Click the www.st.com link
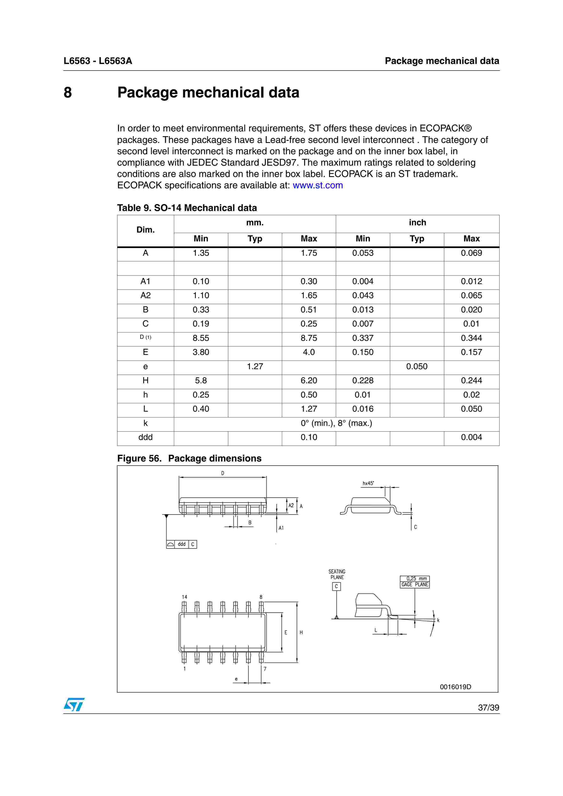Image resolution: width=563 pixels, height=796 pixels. point(317,185)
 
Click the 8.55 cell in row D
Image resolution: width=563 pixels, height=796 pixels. point(201,338)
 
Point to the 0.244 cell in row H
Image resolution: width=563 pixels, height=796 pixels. point(471,381)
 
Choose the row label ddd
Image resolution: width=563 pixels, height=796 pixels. point(145,437)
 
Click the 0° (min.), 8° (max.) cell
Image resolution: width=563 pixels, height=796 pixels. point(336,423)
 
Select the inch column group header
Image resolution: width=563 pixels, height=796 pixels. point(417,223)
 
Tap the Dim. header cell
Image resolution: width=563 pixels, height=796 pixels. point(145,230)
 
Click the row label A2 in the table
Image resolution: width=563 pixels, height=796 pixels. point(145,295)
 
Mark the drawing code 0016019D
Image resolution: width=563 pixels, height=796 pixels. point(455,687)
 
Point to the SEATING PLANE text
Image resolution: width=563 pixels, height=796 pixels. point(337,574)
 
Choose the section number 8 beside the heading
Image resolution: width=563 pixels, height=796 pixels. point(68,93)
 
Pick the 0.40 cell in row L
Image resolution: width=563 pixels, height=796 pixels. point(201,409)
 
